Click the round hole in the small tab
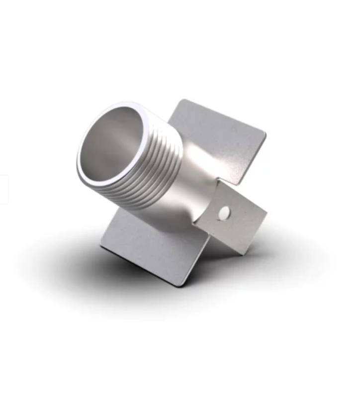tap(224, 213)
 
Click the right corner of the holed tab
tap(266, 211)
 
